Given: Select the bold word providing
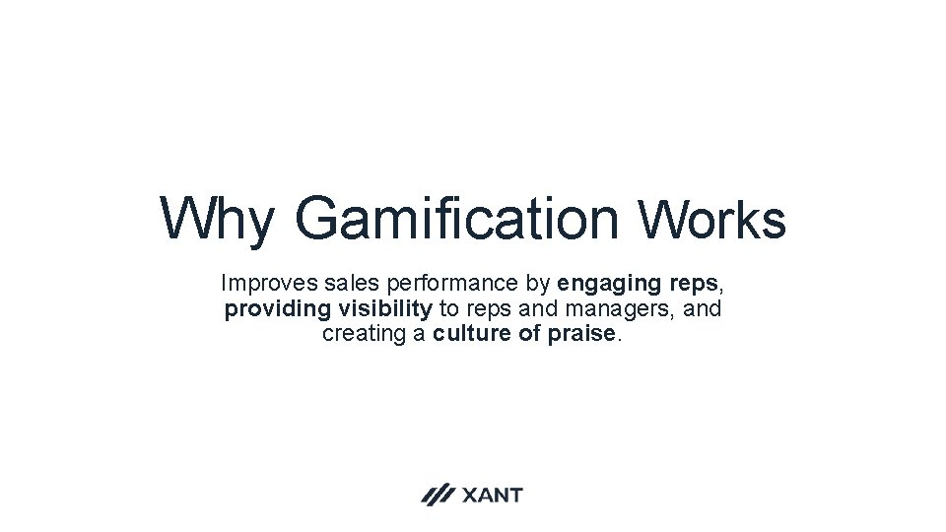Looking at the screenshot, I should click(279, 309).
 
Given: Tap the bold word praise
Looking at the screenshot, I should click(582, 334).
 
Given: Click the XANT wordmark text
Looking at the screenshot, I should click(492, 495).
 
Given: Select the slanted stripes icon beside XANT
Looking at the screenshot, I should click(438, 495).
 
